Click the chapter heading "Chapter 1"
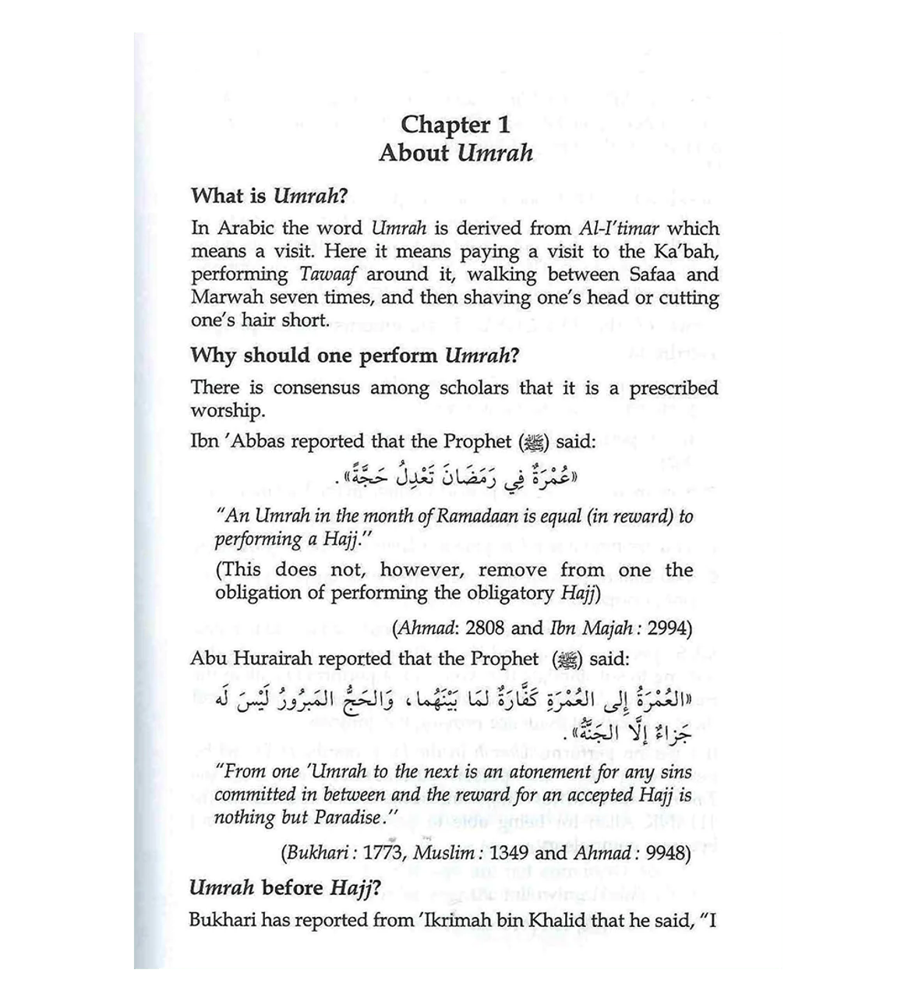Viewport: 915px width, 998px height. click(456, 125)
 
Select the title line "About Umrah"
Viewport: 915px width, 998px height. click(456, 152)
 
